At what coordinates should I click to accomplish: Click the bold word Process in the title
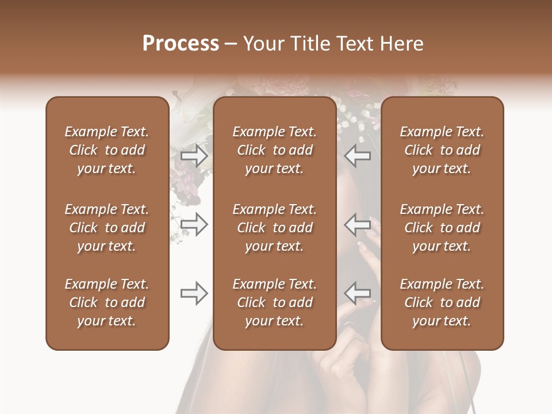coord(181,44)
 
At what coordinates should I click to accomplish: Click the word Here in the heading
coord(401,44)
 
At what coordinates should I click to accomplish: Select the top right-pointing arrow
coord(194,156)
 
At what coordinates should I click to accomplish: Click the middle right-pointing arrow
coord(194,224)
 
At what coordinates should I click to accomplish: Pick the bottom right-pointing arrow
coord(194,293)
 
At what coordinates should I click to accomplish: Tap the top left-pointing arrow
coord(358,156)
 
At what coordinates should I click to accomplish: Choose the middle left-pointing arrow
coord(358,224)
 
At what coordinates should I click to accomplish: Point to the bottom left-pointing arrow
coord(358,293)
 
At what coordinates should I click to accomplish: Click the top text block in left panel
coord(107,150)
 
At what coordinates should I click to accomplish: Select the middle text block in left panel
coord(107,228)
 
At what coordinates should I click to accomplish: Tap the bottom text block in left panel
coord(107,302)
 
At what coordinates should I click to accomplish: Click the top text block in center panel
coord(275,150)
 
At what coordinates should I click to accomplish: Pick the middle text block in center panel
coord(275,228)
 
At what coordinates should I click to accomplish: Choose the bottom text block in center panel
coord(275,302)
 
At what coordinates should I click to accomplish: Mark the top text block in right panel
coord(442,150)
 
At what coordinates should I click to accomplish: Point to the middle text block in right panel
coord(442,228)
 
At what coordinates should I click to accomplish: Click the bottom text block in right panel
coord(442,302)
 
